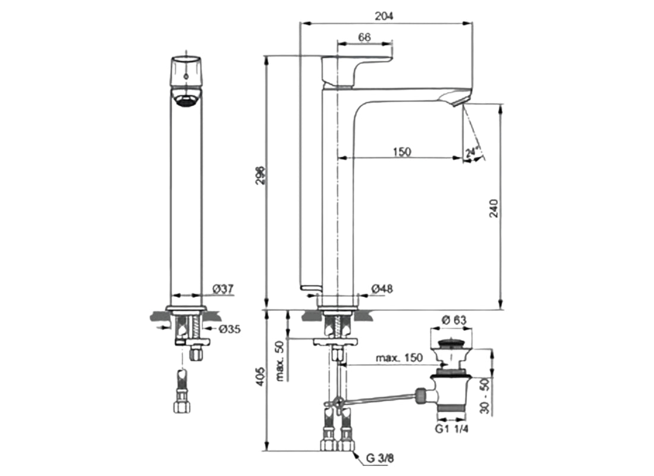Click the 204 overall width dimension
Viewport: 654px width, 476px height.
385,16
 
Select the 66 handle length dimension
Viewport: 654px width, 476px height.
364,37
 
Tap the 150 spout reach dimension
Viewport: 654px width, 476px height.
402,152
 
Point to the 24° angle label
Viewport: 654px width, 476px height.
474,154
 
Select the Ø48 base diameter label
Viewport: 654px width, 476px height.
382,289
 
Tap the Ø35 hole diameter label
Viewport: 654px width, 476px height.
227,330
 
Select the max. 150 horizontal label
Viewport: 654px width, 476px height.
399,358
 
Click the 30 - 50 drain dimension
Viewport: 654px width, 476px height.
485,396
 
